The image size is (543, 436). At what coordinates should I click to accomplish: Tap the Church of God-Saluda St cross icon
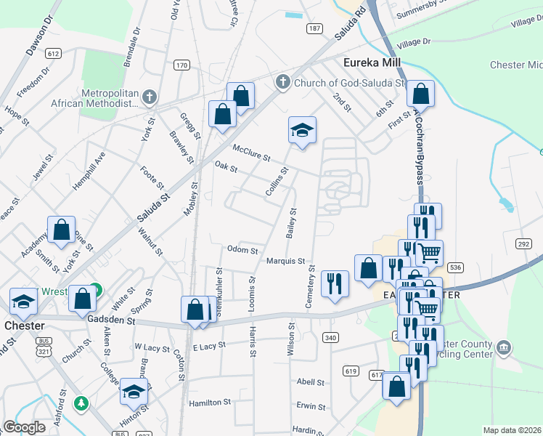tap(284, 82)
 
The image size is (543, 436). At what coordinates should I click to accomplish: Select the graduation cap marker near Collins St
tap(303, 131)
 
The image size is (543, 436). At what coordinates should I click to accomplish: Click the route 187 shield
tap(314, 28)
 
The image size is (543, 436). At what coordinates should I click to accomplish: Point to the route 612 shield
tap(52, 54)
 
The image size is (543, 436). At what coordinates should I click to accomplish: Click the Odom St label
tap(242, 250)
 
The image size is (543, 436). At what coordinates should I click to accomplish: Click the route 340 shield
tap(330, 337)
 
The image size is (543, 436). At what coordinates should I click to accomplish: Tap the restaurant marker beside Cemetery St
tap(335, 283)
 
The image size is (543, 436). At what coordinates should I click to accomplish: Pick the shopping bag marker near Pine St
tap(62, 230)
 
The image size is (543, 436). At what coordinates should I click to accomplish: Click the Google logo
tap(24, 427)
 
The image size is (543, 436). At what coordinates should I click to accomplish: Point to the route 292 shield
tap(523, 244)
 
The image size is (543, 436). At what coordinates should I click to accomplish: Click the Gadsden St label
tap(111, 320)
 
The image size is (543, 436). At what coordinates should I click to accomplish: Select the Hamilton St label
tap(210, 402)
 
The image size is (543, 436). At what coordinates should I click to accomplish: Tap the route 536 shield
tap(455, 267)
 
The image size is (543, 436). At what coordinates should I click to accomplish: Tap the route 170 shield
tap(181, 65)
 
